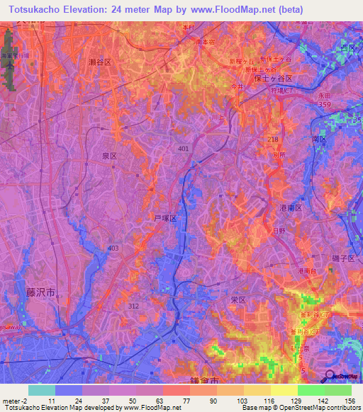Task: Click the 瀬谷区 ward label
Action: click(x=100, y=62)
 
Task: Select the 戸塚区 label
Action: click(x=164, y=219)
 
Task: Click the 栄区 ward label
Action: click(x=238, y=299)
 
